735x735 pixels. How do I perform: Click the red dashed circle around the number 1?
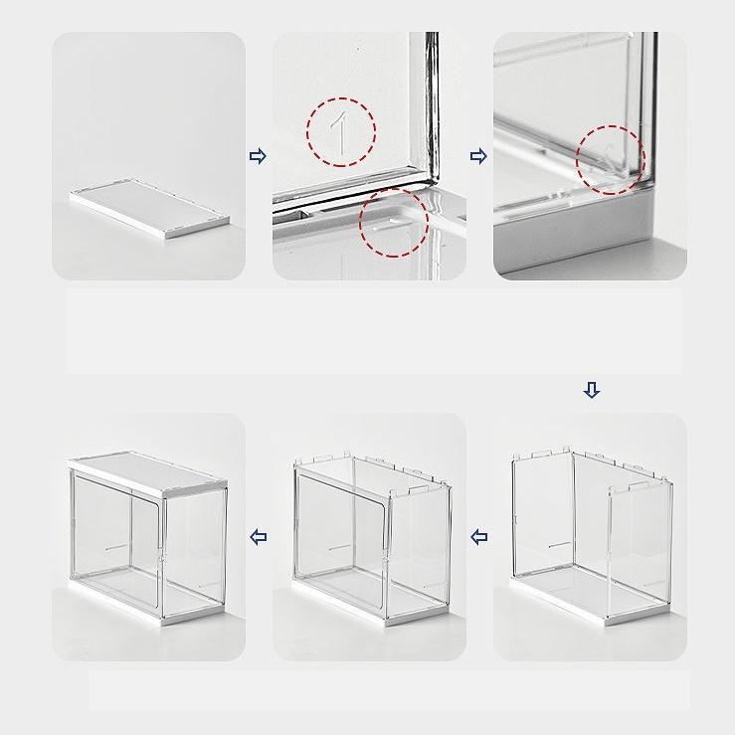307,132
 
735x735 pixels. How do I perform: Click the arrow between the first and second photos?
258,156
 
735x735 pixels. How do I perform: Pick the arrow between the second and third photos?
478,156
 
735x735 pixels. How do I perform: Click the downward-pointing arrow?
592,390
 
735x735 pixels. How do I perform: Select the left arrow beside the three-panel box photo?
478,537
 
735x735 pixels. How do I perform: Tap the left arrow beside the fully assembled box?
259,537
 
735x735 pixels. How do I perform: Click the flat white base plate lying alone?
150,208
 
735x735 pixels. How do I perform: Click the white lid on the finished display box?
148,474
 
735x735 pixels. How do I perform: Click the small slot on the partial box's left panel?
560,545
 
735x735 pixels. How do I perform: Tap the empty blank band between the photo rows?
373,331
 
